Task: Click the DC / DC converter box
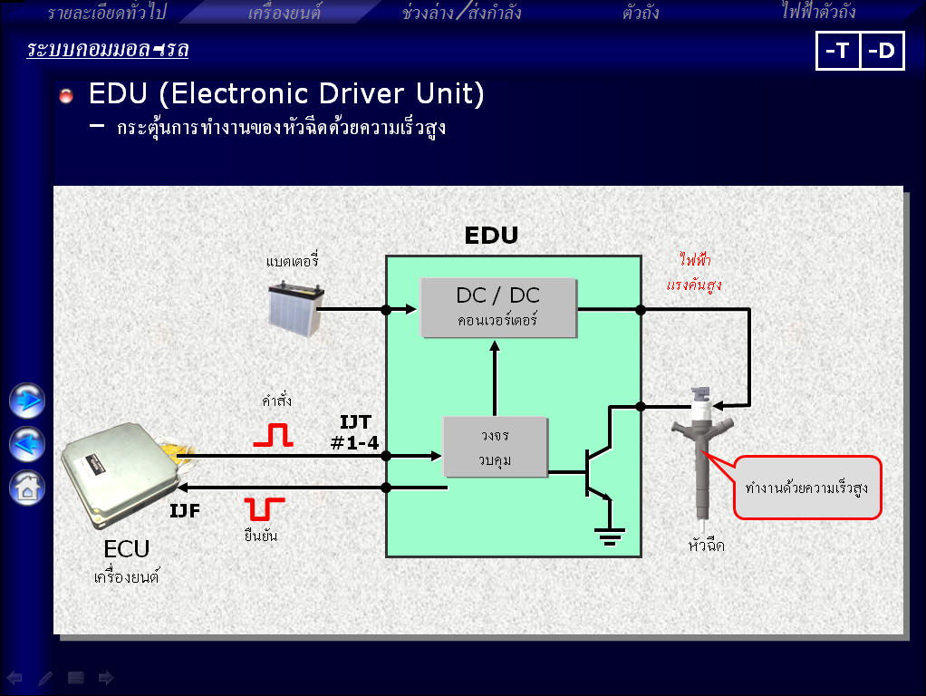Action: tap(499, 308)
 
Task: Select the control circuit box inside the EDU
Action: tap(495, 447)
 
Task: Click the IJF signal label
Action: tap(185, 511)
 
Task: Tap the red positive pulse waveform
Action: tap(273, 436)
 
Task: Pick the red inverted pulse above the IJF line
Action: tap(264, 507)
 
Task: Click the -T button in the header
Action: tap(837, 51)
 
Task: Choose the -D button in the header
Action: tap(881, 51)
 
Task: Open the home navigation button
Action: tap(27, 488)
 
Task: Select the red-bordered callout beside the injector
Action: tap(806, 487)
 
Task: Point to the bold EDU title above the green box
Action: tap(491, 236)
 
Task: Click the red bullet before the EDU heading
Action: tap(66, 96)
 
